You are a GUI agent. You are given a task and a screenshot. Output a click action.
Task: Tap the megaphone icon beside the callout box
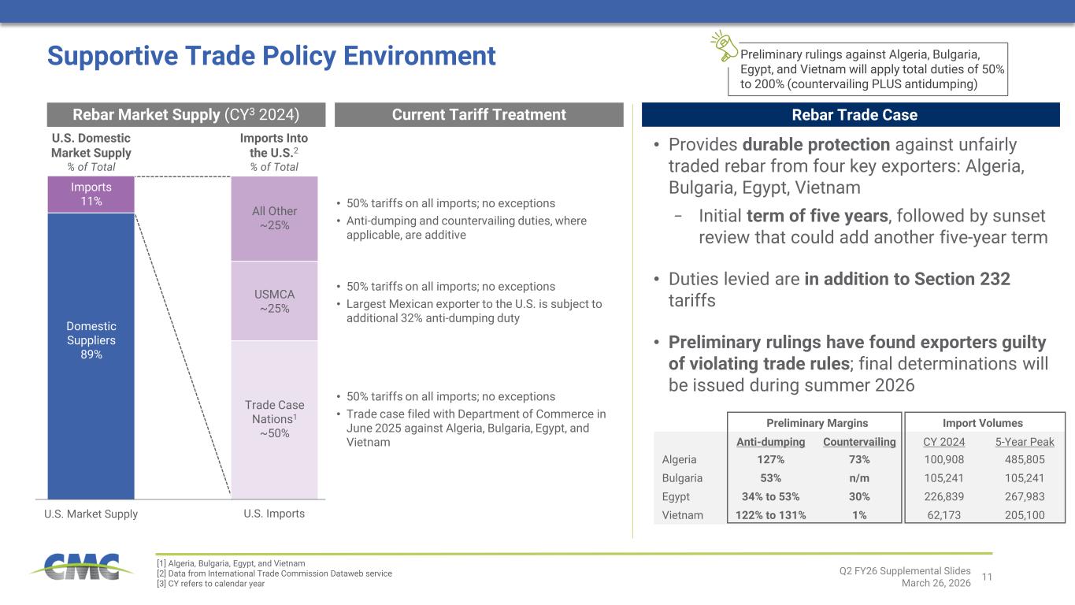[724, 46]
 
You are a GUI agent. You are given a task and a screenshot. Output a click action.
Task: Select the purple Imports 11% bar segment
[91, 194]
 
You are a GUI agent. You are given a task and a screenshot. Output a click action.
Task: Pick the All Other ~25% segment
[274, 218]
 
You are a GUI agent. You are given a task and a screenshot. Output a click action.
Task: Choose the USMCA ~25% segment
[274, 301]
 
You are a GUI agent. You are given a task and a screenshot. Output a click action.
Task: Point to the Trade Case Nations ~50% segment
[274, 419]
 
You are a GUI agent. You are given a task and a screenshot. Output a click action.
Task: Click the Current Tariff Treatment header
[479, 115]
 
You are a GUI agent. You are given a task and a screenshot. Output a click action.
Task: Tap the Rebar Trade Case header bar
[851, 115]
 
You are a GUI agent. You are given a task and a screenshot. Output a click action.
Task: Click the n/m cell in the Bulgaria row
[859, 478]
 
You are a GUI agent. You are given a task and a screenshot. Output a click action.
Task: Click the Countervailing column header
[859, 442]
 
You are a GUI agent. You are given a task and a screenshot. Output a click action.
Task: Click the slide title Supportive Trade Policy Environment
[272, 55]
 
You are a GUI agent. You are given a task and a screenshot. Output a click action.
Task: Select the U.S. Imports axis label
[274, 514]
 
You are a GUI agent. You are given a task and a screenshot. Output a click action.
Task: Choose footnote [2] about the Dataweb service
[275, 573]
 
